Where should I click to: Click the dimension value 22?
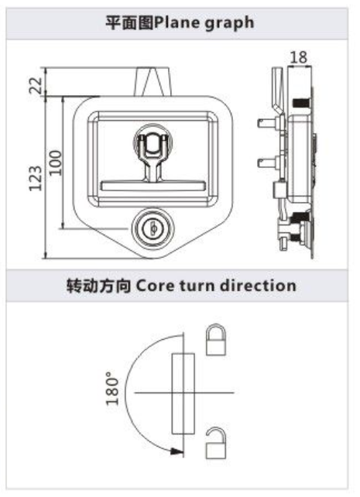(36, 84)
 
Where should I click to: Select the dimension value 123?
(36, 179)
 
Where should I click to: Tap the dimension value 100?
(56, 163)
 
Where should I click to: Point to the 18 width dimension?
(299, 58)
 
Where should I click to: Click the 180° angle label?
(112, 388)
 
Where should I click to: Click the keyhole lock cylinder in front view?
(153, 228)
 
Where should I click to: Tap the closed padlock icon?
(216, 339)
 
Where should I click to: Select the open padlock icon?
(216, 443)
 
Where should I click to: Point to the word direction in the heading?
(258, 285)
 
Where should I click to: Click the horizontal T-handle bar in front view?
(153, 186)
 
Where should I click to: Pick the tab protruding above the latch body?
(153, 81)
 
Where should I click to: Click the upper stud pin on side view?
(269, 122)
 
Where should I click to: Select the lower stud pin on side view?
(269, 163)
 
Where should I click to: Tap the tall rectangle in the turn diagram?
(183, 394)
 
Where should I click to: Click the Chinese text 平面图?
(129, 22)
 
